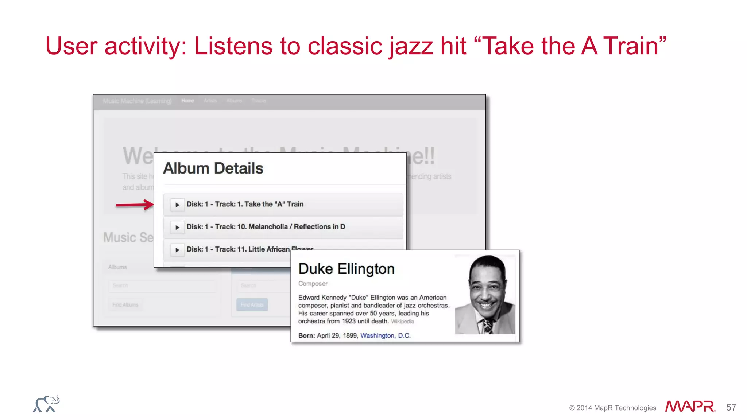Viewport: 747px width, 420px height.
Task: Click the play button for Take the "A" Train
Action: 177,205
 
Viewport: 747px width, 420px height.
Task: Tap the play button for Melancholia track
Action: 177,227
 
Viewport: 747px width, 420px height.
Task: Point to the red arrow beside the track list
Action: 134,205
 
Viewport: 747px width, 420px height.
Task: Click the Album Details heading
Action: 213,168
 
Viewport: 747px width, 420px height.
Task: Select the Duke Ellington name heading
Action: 346,269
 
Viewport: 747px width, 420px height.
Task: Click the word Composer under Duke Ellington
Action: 313,284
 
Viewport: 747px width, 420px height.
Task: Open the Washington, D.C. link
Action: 385,335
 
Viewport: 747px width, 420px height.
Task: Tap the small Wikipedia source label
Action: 402,322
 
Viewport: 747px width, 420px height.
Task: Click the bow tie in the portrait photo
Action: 487,324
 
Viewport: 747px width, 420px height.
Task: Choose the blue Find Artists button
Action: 252,305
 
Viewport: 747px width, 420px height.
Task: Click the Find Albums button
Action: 125,305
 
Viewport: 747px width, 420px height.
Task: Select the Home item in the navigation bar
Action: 187,101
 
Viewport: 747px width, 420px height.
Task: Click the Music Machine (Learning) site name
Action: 137,101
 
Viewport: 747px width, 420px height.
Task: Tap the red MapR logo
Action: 690,407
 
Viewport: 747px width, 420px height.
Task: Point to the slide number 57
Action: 731,407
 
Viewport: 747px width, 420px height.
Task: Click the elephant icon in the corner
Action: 46,404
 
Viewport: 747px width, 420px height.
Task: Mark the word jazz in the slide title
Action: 411,47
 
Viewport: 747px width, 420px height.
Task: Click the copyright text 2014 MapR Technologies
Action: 612,408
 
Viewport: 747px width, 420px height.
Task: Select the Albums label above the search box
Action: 117,267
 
